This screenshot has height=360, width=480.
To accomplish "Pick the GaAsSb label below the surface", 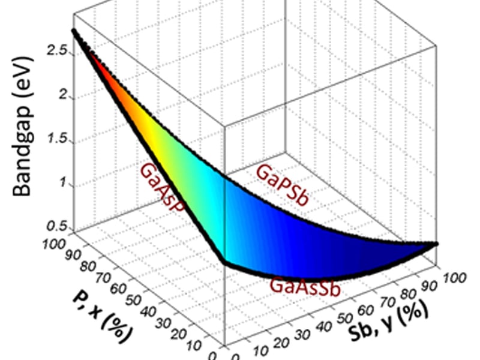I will (305, 284).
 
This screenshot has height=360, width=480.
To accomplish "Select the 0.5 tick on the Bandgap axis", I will (61, 226).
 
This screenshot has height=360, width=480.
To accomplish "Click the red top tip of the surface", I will (74, 31).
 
